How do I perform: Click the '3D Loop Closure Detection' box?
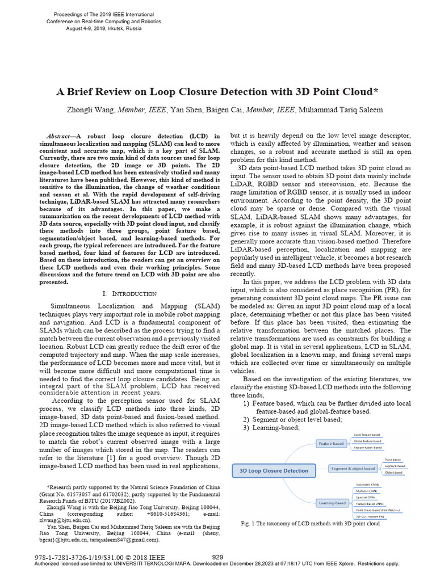tap(274, 470)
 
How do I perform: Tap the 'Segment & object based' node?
tap(354, 468)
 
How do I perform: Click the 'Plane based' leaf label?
tap(393, 460)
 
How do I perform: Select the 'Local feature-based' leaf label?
tap(367, 435)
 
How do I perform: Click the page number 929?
tap(218, 558)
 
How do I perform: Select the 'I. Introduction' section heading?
tap(129, 293)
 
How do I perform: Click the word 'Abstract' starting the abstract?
tap(59, 137)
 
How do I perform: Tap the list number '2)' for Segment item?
tap(246, 419)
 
